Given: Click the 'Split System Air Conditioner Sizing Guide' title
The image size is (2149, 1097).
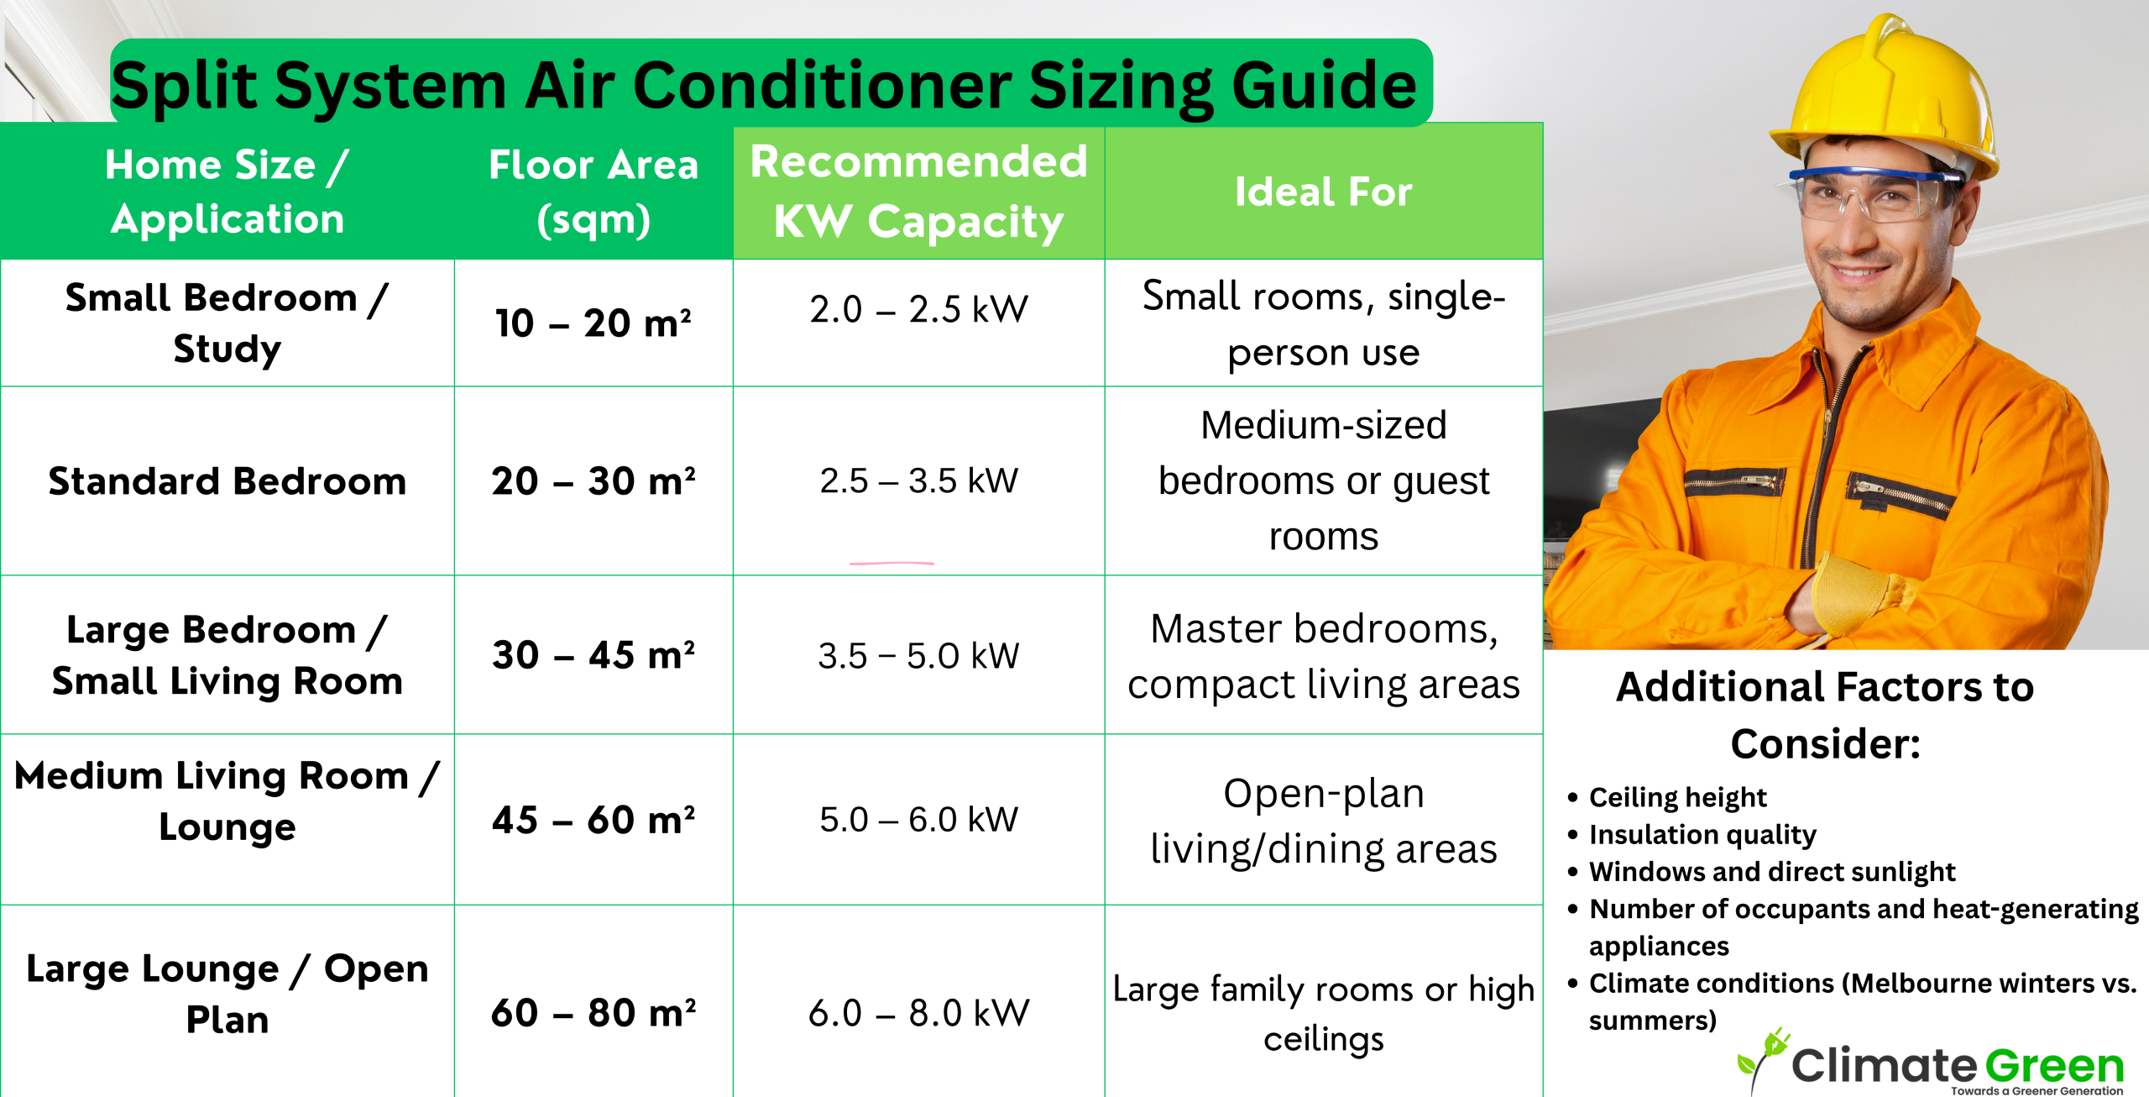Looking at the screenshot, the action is (764, 86).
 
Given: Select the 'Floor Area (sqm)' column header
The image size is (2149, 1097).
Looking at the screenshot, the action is (593, 192).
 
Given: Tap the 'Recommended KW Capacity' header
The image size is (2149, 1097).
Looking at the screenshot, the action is (918, 192).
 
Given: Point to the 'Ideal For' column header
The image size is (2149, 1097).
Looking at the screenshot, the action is (1323, 192).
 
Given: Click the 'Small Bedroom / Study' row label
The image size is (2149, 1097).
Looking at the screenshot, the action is (227, 323).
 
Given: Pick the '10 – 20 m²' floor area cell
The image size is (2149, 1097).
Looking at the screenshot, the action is (593, 323).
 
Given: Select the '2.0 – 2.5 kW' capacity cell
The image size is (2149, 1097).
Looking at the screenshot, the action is (918, 309).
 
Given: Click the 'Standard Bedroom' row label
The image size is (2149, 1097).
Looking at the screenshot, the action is (227, 481).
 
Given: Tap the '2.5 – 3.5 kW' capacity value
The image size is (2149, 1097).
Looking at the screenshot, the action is (918, 481).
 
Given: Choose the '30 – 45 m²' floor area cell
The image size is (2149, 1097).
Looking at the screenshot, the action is (593, 655).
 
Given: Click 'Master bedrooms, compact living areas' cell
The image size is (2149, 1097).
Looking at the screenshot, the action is (1323, 656).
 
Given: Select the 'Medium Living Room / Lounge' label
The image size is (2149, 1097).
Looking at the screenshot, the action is (227, 800).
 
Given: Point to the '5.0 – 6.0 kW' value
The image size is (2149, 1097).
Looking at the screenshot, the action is (918, 819).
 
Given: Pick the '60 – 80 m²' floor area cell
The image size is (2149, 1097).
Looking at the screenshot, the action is (593, 1013).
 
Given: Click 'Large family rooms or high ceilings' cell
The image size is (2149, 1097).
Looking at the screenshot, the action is (1323, 1014).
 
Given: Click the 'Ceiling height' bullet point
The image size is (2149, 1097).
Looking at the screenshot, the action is (1677, 796).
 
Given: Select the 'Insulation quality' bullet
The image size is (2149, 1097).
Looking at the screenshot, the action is (1702, 834).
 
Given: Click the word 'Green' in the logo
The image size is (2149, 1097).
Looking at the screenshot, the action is (2054, 1066).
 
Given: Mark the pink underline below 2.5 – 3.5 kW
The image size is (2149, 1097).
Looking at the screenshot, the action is (891, 563).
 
